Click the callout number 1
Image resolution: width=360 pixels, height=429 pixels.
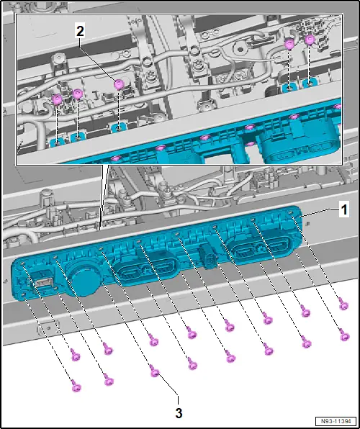343,210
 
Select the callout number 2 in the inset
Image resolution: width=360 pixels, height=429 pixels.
80,32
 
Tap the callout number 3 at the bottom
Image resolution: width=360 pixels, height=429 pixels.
179,413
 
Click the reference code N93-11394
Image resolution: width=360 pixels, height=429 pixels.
336,421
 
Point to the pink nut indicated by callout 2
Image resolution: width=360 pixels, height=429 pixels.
119,84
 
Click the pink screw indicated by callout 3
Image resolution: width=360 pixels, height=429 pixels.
155,371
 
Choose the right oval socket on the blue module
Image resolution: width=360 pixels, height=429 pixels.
261,248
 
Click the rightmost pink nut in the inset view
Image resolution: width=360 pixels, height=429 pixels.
310,40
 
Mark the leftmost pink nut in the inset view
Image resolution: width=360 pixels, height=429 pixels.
58,99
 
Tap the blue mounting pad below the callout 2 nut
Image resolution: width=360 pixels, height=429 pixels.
119,127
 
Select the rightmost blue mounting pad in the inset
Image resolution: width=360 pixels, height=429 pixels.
311,83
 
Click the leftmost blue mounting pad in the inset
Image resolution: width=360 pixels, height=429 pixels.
58,142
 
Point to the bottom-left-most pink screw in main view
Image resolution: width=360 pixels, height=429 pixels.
76,385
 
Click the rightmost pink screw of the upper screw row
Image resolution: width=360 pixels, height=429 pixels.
343,304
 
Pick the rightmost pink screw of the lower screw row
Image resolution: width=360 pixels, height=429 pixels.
344,335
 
